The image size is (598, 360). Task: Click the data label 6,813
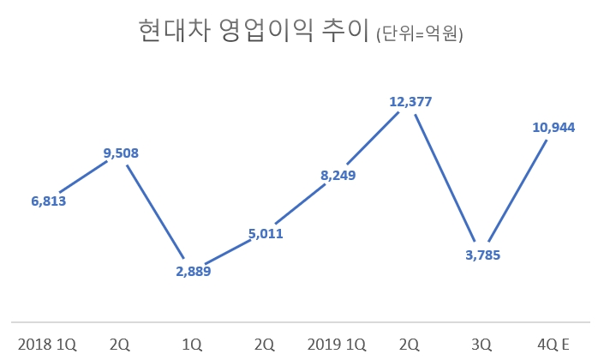pos(48,201)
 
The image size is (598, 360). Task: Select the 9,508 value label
pos(121,153)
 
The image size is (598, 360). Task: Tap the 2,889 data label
pos(193,271)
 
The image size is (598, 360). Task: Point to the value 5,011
pos(266,233)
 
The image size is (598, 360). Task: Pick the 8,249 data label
pos(338,176)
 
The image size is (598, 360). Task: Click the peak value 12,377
pos(410,101)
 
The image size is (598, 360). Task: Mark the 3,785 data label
pos(482,255)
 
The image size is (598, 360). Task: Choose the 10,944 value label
pos(553,127)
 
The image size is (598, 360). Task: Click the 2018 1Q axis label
pos(48,344)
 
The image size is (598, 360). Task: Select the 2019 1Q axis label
pos(338,344)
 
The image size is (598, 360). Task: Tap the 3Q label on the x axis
pos(482,344)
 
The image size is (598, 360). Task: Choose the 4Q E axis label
pos(553,344)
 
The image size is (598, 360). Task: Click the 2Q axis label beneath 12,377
pos(410,344)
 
